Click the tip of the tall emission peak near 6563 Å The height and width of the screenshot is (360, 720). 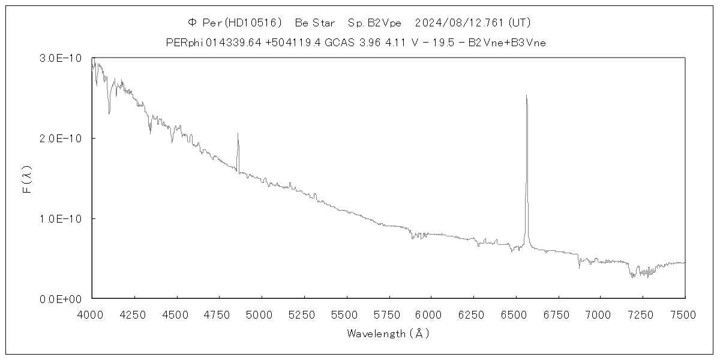coord(526,95)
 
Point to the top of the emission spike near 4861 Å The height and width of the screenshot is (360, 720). coord(238,133)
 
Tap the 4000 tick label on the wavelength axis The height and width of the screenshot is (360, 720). coord(91,314)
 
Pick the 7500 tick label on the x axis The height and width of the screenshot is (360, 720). coord(685,314)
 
